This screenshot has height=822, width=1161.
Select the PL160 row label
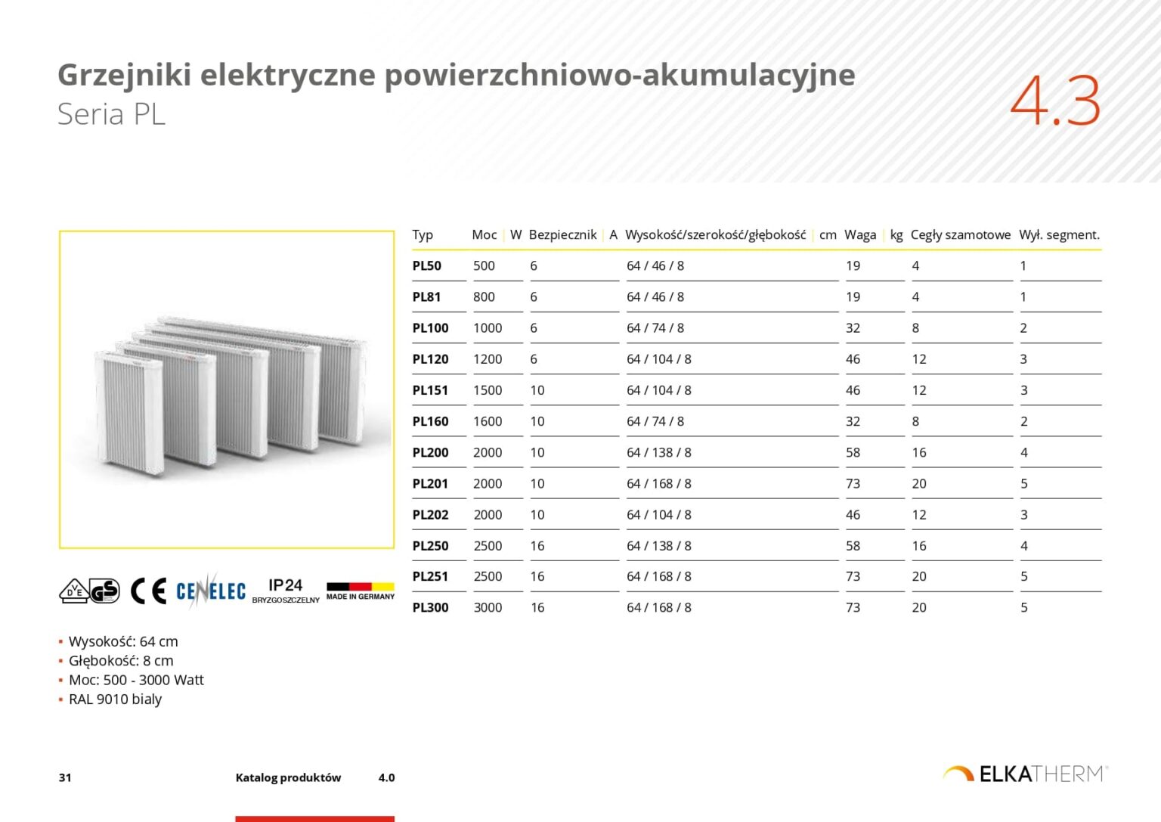point(430,421)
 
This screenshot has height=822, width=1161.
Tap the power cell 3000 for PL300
point(488,607)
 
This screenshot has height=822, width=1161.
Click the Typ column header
point(423,234)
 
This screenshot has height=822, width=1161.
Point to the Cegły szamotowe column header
point(960,234)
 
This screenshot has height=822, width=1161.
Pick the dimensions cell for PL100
point(655,328)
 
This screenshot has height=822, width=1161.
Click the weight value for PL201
point(853,483)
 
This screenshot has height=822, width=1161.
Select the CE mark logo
point(148,591)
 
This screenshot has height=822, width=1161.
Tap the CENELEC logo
point(210,591)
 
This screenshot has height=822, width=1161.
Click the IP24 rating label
point(285,585)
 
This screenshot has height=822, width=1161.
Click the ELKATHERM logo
point(1026,774)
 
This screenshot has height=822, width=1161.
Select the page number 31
point(65,777)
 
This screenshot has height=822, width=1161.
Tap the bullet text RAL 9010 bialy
point(115,699)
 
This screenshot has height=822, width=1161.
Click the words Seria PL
point(111,114)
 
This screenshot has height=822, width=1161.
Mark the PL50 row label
point(426,265)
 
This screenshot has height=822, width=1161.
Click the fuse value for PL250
point(537,545)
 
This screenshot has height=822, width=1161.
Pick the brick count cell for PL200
point(918,452)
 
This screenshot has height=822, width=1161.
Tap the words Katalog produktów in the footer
point(288,777)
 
